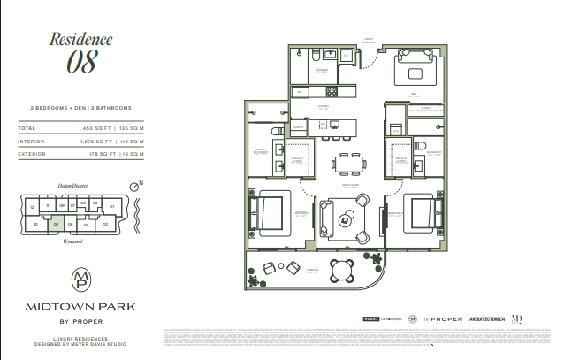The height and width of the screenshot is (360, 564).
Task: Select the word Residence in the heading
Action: tap(80, 39)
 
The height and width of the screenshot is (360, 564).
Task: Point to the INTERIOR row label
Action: tap(32, 140)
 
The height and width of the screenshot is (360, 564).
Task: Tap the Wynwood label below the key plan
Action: tap(62, 239)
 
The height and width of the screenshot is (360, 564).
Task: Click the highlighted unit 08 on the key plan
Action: tap(56, 225)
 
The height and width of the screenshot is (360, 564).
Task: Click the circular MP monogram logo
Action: tap(80, 280)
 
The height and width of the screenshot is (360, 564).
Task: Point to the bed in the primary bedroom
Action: tap(268, 212)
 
